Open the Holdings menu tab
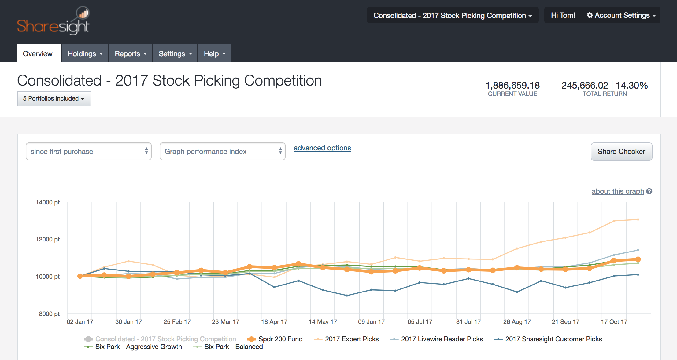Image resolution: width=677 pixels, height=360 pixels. [85, 54]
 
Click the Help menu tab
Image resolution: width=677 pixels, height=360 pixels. [214, 54]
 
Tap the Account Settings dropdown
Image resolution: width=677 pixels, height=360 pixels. [621, 15]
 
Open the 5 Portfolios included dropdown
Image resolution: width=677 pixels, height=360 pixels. [54, 99]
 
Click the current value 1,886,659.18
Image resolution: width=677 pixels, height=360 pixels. [512, 85]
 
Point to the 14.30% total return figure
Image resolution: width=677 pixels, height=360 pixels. [632, 85]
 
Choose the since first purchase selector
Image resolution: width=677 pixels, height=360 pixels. [89, 152]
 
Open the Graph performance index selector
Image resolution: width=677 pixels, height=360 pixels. [222, 152]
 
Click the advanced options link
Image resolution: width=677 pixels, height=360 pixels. [322, 148]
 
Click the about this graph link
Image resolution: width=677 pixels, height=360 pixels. [618, 191]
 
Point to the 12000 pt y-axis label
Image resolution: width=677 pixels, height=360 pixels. [48, 239]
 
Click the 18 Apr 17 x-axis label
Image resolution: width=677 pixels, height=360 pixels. [274, 322]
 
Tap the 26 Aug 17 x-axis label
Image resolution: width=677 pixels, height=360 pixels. [517, 322]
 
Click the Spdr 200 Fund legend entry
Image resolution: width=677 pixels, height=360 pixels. [280, 339]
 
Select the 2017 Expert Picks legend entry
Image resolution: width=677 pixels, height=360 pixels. [351, 339]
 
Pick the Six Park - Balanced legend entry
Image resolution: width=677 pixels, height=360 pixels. [233, 347]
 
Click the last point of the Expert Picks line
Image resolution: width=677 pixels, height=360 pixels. [638, 219]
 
